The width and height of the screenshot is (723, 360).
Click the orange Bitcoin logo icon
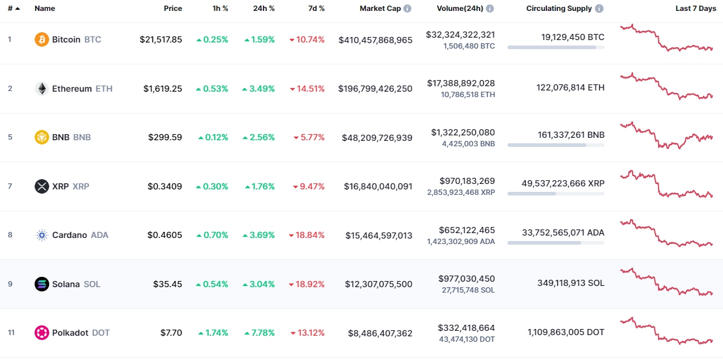[42, 39]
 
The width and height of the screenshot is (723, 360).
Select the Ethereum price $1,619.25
[163, 89]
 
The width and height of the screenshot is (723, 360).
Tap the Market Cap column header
[380, 9]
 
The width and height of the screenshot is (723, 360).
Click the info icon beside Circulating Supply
[599, 9]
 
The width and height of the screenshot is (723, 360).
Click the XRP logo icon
[42, 186]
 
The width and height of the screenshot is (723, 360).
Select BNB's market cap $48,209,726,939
[377, 137]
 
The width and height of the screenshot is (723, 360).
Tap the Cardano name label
[70, 235]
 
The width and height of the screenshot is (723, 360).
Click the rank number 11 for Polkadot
[10, 333]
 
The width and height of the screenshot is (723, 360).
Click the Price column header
[173, 9]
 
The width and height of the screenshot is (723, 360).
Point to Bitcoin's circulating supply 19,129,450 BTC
[572, 37]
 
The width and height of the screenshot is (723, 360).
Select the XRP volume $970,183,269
[467, 181]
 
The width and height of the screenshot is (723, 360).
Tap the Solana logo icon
[42, 284]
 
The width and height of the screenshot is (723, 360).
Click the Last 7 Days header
[695, 9]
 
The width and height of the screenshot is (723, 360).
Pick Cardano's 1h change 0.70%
[212, 235]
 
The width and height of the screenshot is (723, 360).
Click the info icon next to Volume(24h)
[490, 9]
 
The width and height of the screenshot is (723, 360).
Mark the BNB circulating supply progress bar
[555, 145]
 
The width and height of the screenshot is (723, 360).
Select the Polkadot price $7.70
[171, 333]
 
